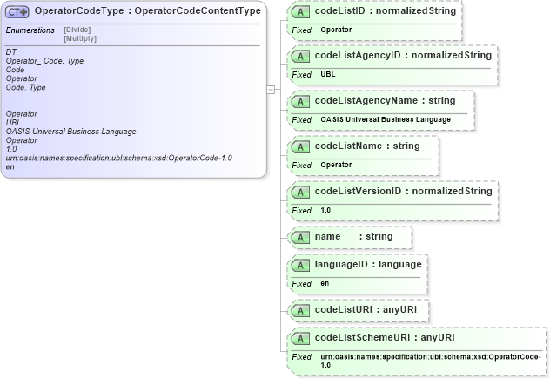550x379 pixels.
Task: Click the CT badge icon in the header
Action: click(x=18, y=11)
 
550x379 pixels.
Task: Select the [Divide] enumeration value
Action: click(x=77, y=30)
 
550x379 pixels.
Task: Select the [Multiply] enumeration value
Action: click(x=80, y=39)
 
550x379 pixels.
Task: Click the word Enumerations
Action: click(x=30, y=30)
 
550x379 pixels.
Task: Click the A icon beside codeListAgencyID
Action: click(x=301, y=56)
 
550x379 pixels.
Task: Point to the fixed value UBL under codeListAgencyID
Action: click(x=328, y=75)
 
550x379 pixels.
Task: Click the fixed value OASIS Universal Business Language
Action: click(x=386, y=119)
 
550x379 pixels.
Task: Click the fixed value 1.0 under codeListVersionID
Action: click(x=325, y=210)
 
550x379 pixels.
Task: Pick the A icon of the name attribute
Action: click(x=301, y=237)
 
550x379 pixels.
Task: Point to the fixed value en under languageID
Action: click(x=325, y=283)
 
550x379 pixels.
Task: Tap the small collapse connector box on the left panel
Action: click(x=272, y=89)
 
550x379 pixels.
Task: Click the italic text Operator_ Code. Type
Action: click(x=44, y=61)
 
